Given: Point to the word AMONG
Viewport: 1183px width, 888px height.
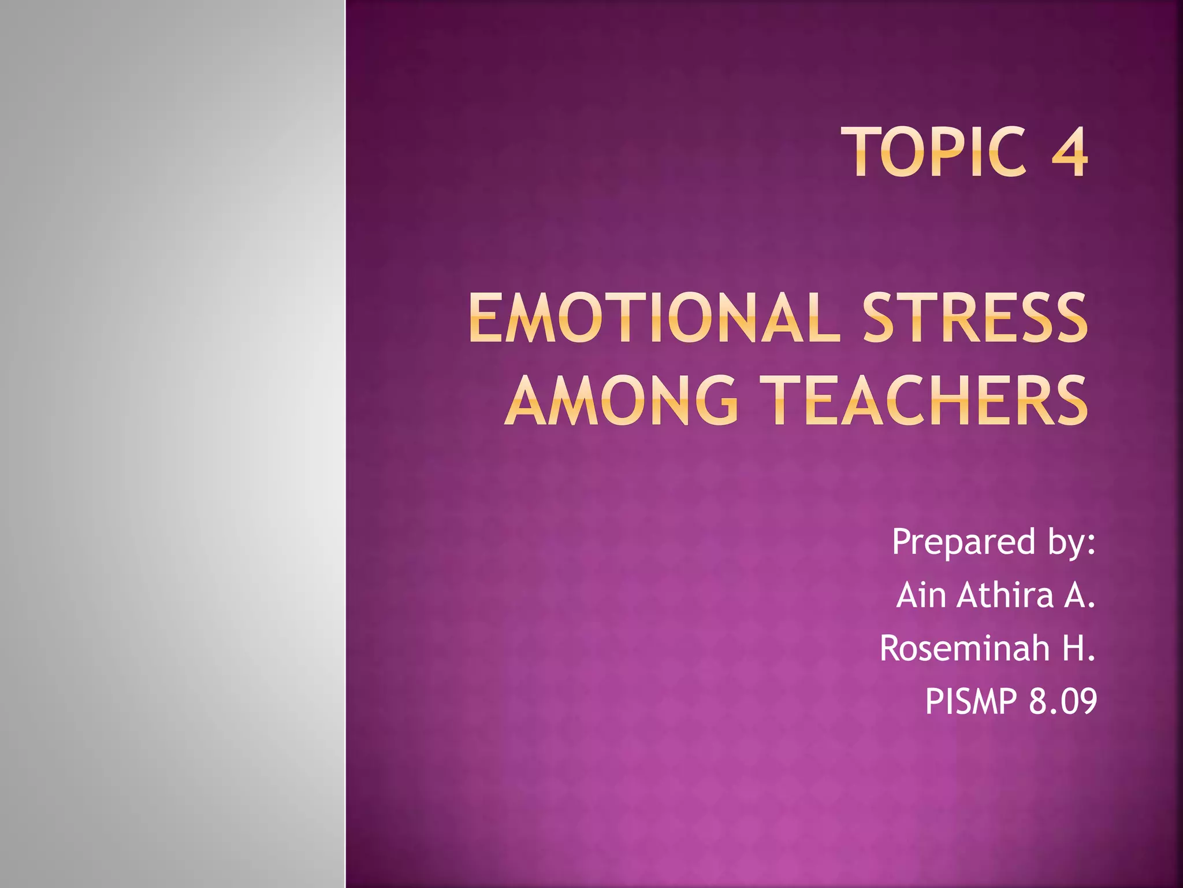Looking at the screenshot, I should point(622,400).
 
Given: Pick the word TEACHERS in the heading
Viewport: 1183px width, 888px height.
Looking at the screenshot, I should point(924,400).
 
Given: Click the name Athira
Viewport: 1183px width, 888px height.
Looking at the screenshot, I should point(1005,595).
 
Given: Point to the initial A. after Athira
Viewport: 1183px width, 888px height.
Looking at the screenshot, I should point(1079,595).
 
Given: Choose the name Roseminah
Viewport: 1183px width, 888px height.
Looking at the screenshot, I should point(964,648).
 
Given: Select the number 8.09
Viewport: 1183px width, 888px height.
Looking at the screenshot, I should point(1062,702).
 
